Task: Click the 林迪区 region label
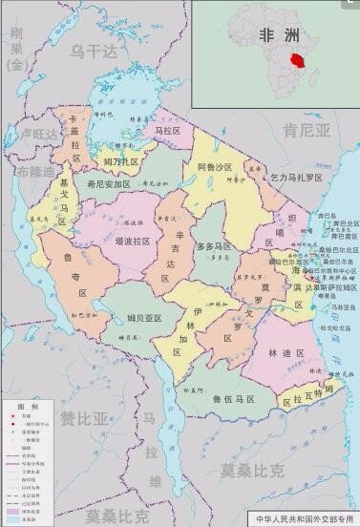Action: point(286,353)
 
